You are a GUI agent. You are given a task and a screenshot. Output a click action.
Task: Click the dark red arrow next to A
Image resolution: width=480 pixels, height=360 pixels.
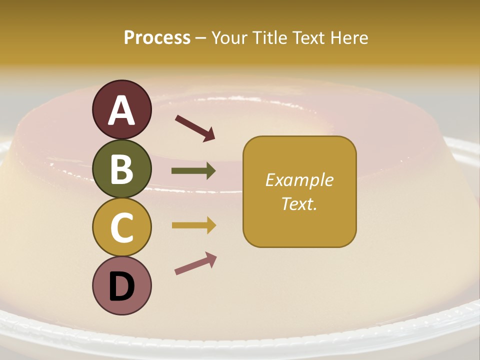195,127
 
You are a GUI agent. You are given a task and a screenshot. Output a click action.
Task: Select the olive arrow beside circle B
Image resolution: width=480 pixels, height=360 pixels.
193,171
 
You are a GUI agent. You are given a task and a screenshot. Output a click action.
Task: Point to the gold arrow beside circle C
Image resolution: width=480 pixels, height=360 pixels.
193,225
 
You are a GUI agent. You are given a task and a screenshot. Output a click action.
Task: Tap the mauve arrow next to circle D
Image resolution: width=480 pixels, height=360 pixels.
195,264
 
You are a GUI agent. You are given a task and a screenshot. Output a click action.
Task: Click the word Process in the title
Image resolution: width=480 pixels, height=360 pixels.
157,38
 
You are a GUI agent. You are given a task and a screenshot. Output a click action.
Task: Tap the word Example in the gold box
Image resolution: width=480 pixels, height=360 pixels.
299,180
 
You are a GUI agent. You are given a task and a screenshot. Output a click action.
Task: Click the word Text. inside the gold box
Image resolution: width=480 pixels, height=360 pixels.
299,204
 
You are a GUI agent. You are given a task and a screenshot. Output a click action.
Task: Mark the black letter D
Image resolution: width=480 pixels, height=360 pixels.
122,287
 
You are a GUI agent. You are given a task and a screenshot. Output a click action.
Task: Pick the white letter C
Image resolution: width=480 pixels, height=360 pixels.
122,227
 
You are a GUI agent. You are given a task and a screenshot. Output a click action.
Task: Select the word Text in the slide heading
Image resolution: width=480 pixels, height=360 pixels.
308,38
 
